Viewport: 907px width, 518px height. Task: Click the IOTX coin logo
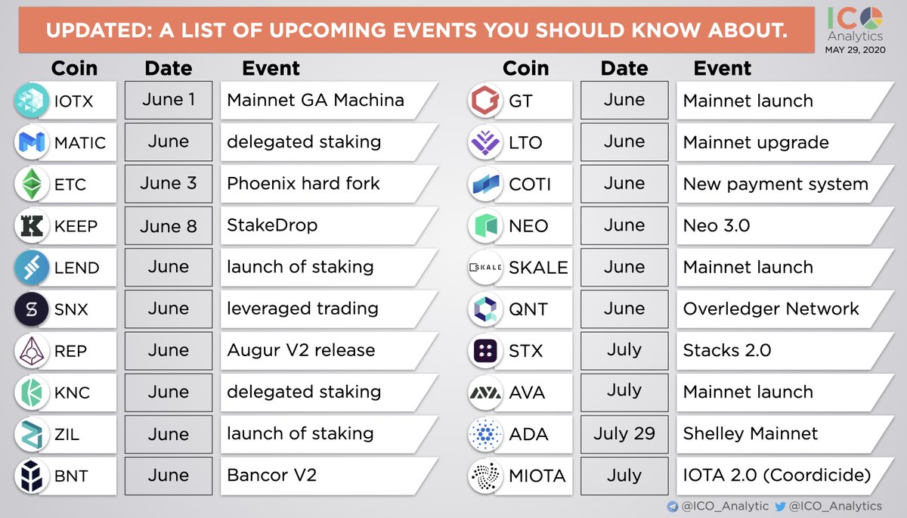(32, 101)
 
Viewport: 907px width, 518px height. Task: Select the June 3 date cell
(169, 184)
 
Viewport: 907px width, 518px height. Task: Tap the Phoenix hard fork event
(303, 184)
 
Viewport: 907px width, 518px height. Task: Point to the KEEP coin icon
(32, 225)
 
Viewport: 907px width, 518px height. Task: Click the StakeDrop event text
(272, 225)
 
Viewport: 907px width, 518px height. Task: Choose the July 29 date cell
(624, 434)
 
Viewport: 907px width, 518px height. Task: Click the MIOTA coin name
(537, 476)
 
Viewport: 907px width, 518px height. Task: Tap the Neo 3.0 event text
(717, 225)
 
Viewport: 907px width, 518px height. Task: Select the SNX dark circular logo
(32, 309)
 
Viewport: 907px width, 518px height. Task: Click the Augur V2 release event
(301, 350)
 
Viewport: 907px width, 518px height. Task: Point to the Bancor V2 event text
(271, 476)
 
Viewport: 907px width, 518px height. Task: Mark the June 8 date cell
(169, 225)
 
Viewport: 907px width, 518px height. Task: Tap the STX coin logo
(485, 351)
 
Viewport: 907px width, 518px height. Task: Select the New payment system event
(775, 185)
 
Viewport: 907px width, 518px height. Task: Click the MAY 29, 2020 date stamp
(855, 50)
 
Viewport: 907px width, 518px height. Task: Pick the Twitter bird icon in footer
(780, 506)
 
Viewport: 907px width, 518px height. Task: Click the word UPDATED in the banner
(99, 30)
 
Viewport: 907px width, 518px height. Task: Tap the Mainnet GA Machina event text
(315, 100)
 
